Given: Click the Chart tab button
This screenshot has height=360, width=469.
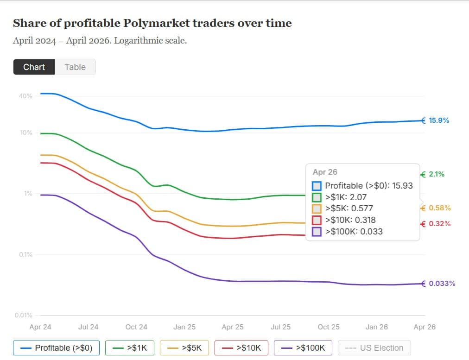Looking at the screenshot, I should pyautogui.click(x=34, y=67).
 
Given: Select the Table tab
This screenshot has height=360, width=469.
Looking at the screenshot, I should pyautogui.click(x=75, y=67).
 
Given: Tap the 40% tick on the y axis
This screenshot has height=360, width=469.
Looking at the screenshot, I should pyautogui.click(x=25, y=96).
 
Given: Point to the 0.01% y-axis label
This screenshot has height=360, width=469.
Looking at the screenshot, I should pyautogui.click(x=24, y=316).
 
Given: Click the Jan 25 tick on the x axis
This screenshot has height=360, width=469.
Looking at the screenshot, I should pyautogui.click(x=184, y=327).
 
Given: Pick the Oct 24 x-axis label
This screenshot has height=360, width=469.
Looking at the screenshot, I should pyautogui.click(x=136, y=327).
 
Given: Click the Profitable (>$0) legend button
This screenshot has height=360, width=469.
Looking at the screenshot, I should pyautogui.click(x=57, y=348).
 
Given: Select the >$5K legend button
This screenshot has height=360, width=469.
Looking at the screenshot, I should pyautogui.click(x=184, y=348).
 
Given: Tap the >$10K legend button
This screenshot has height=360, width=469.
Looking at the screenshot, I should pyautogui.click(x=241, y=348).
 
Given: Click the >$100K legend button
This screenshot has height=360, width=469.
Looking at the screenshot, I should pyautogui.click(x=303, y=348).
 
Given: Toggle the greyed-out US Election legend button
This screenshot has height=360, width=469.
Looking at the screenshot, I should pyautogui.click(x=374, y=348).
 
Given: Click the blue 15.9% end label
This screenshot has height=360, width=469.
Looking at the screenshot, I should pyautogui.click(x=438, y=120).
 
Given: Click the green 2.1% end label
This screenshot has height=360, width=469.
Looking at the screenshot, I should pyautogui.click(x=436, y=174).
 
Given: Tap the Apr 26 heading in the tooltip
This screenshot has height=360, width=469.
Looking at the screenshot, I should pyautogui.click(x=325, y=172).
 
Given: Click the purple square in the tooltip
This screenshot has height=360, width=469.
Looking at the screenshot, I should pyautogui.click(x=317, y=232).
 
